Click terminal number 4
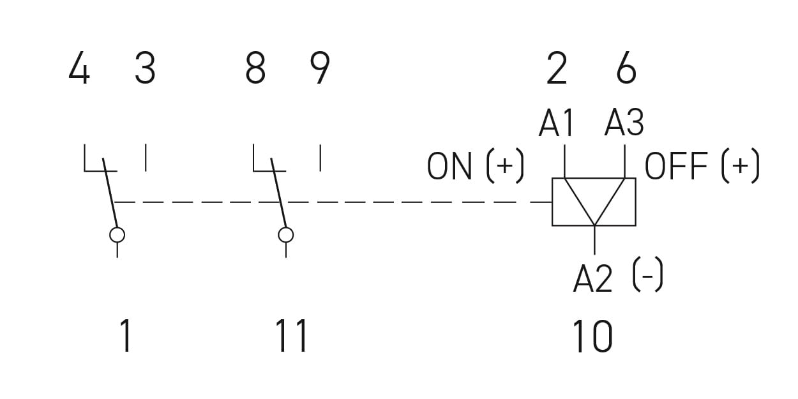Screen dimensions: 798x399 tap(79, 68)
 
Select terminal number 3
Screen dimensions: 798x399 tap(146, 68)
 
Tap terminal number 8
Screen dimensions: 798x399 tap(255, 68)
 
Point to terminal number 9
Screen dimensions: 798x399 tap(320, 68)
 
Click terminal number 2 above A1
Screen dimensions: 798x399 tap(557, 68)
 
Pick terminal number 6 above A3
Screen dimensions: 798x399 tap(626, 68)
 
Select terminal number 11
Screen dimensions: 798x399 tap(291, 335)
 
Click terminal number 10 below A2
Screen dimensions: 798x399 tap(592, 336)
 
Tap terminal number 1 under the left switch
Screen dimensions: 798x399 tap(125, 335)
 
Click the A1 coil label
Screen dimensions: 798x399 tap(556, 123)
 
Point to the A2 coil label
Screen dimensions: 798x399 tap(593, 278)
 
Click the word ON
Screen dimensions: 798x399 tap(449, 166)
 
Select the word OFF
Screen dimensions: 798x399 tap(676, 166)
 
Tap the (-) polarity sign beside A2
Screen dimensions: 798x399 tap(648, 275)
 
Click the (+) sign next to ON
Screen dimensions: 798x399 tap(505, 165)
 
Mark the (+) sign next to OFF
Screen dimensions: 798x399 tap(741, 165)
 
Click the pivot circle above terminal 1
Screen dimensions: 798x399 tap(117, 235)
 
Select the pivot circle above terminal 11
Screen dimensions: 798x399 tap(286, 235)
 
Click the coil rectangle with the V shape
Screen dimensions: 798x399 tap(594, 202)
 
